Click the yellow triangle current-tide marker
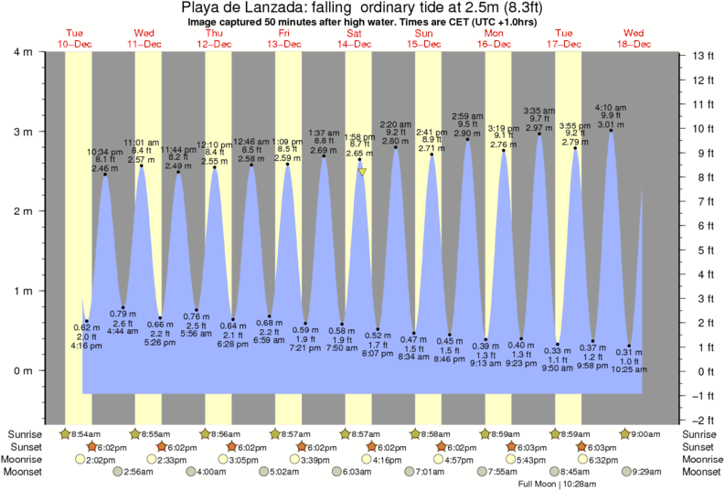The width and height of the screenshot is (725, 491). (x=363, y=171)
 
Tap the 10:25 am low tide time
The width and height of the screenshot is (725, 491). (x=629, y=369)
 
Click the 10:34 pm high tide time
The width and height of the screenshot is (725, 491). (x=105, y=151)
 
